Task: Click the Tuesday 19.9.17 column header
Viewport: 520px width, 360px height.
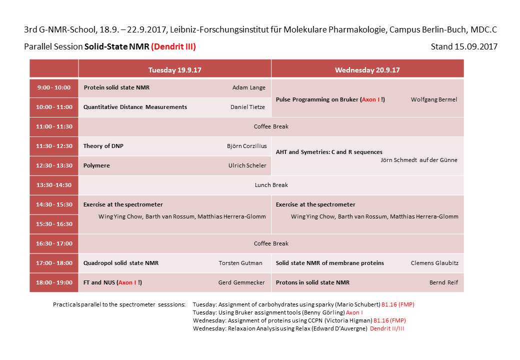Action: click(174, 70)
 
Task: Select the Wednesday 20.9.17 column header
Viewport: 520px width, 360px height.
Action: click(367, 70)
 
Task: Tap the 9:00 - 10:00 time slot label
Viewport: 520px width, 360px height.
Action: click(54, 87)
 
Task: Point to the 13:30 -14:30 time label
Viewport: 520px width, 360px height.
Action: click(54, 185)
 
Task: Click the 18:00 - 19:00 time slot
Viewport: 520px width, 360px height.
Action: click(54, 282)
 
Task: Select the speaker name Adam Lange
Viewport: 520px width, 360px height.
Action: click(249, 87)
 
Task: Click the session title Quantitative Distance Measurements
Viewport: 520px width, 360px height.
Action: click(135, 107)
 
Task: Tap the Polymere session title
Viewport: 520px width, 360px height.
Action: click(96, 165)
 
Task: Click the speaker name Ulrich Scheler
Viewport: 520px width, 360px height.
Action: click(247, 165)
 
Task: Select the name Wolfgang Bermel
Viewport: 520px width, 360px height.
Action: click(434, 99)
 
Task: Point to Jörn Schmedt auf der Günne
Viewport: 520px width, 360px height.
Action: click(419, 160)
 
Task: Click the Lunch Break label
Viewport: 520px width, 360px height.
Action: click(271, 185)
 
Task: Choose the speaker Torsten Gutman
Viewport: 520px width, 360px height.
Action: click(240, 263)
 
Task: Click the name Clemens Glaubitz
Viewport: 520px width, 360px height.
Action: click(434, 263)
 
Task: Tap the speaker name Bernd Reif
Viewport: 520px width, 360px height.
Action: click(443, 282)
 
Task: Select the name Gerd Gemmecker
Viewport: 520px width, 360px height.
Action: click(241, 282)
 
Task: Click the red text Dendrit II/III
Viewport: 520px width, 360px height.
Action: click(387, 328)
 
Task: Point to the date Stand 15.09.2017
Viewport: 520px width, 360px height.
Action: click(463, 47)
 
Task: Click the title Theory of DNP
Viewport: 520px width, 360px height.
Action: click(103, 146)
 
